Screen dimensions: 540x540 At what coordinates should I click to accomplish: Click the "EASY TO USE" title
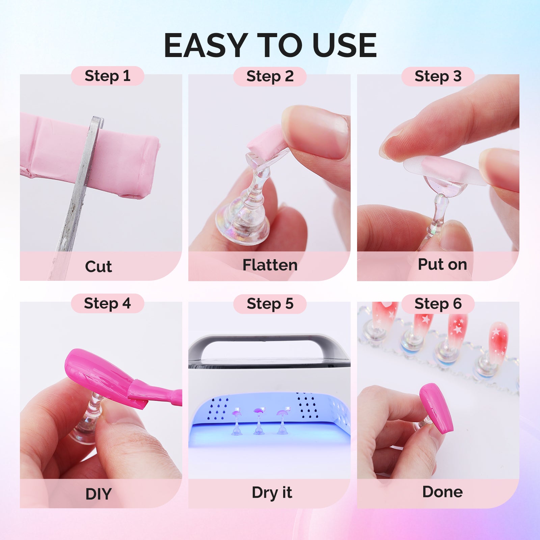pyautogui.click(x=270, y=45)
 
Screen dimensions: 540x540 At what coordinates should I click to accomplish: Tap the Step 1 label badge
pyautogui.click(x=107, y=76)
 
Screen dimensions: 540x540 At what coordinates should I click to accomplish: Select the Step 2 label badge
pyautogui.click(x=270, y=76)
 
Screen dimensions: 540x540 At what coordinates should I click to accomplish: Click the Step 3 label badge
pyautogui.click(x=438, y=76)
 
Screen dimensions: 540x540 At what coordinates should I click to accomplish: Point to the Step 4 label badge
pyautogui.click(x=107, y=303)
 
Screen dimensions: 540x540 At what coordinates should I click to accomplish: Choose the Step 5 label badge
pyautogui.click(x=270, y=304)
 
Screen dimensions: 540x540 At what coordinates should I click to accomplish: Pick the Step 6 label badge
pyautogui.click(x=438, y=304)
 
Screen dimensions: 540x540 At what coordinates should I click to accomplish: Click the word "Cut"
pyautogui.click(x=98, y=267)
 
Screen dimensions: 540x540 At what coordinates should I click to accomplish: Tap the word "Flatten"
pyautogui.click(x=270, y=265)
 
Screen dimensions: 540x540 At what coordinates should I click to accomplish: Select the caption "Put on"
pyautogui.click(x=442, y=264)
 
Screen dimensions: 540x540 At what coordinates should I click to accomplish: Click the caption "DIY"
pyautogui.click(x=98, y=494)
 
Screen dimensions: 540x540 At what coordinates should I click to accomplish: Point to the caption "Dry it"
pyautogui.click(x=272, y=492)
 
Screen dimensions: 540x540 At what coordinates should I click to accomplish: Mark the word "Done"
pyautogui.click(x=442, y=492)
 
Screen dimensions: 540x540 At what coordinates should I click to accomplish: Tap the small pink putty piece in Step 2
pyautogui.click(x=267, y=138)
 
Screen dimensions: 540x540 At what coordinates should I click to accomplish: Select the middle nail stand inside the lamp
pyautogui.click(x=259, y=422)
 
